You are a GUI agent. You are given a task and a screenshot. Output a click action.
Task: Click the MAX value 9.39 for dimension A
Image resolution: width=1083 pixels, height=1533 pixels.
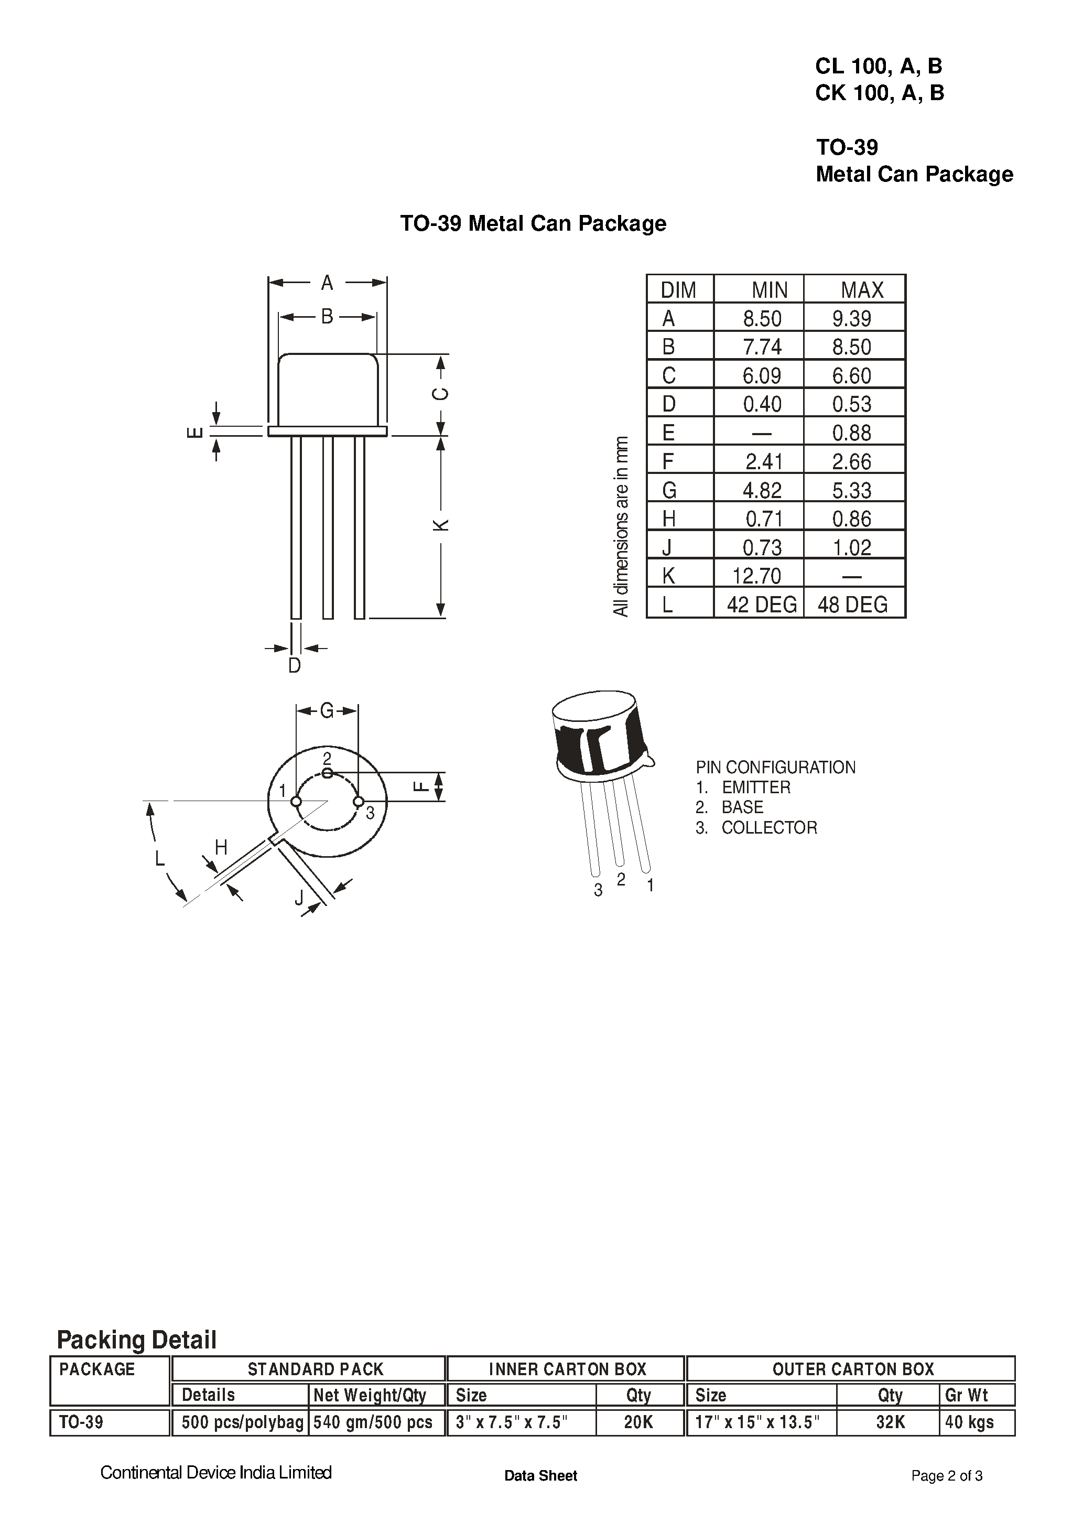[x=851, y=318]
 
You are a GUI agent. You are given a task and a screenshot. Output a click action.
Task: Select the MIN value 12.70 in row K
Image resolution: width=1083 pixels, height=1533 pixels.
[x=756, y=576]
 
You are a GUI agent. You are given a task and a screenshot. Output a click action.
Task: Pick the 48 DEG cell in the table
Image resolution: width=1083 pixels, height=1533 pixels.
[x=853, y=605]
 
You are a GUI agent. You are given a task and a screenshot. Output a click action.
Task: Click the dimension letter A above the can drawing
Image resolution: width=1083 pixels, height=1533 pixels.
[x=327, y=283]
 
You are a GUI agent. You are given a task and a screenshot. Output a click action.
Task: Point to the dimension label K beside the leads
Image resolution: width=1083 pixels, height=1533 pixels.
[x=441, y=525]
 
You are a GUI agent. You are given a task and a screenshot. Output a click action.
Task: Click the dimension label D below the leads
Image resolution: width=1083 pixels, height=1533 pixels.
[x=295, y=666]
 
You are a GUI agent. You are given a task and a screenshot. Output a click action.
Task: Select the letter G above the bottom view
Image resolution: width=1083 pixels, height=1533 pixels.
[x=327, y=710]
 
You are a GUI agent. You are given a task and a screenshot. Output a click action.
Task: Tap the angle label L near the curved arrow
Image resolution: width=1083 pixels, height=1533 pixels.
[x=159, y=858]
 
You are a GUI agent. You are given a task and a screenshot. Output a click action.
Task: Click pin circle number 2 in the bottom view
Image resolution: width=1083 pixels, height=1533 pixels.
[x=327, y=773]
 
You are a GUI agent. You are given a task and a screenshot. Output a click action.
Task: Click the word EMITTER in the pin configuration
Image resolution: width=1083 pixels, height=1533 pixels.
[x=756, y=787]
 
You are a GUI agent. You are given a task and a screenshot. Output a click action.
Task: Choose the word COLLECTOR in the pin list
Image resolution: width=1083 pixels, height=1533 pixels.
[x=769, y=828]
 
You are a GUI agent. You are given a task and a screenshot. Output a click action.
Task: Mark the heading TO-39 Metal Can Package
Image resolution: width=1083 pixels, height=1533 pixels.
[x=533, y=223]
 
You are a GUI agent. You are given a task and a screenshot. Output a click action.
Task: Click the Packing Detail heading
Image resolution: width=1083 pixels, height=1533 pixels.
[x=137, y=1340]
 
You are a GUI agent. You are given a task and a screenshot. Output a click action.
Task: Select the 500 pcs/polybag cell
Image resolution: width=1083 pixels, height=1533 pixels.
[x=242, y=1422]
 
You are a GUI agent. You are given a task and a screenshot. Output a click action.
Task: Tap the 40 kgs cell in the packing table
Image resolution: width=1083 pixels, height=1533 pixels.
[x=969, y=1422]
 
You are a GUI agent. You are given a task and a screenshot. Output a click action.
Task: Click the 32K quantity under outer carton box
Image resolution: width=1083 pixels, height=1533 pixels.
[x=891, y=1422]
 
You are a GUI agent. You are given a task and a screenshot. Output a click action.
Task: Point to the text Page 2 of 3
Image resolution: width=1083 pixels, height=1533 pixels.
[x=946, y=1475]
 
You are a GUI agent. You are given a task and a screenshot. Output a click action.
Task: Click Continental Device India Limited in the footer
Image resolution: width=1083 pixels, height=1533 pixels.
[x=215, y=1472]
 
